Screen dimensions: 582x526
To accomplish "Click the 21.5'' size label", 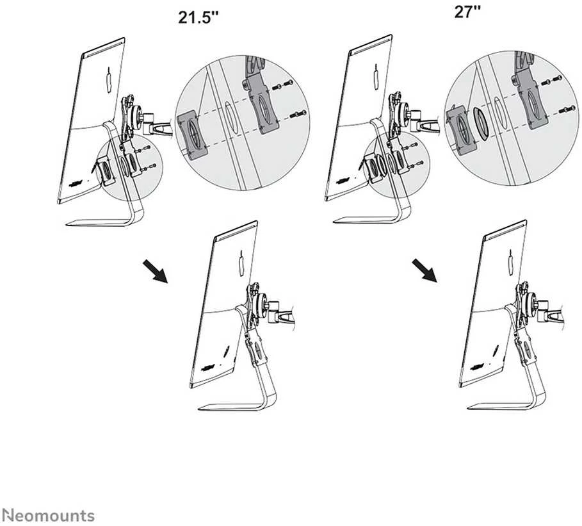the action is pyautogui.click(x=198, y=17).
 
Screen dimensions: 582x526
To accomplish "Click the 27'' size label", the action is pyautogui.click(x=467, y=12).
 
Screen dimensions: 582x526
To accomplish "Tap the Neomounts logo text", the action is pyautogui.click(x=48, y=516).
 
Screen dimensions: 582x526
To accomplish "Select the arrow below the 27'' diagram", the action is pyautogui.click(x=424, y=270).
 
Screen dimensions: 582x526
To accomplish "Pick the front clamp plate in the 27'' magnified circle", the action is pyautogui.click(x=462, y=129).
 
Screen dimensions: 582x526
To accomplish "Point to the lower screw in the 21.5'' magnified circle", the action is pyautogui.click(x=299, y=114).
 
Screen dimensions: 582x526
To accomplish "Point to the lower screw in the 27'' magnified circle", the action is pyautogui.click(x=567, y=109).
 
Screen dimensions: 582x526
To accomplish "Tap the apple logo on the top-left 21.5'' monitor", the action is pyautogui.click(x=109, y=80).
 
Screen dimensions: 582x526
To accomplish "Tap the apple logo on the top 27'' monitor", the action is pyautogui.click(x=377, y=76).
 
